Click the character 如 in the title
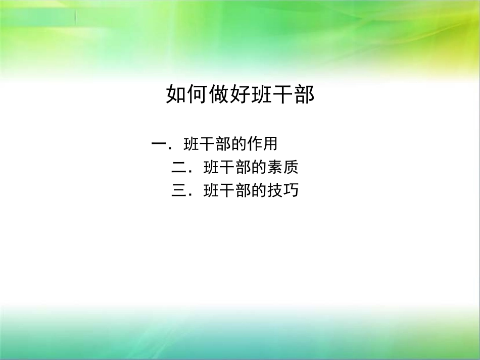175,94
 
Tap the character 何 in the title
197,94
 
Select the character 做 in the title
218,94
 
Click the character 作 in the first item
255,144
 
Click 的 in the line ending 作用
239,144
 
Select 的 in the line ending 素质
259,167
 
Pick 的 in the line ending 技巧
259,191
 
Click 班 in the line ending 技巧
211,191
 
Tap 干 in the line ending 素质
227,167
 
